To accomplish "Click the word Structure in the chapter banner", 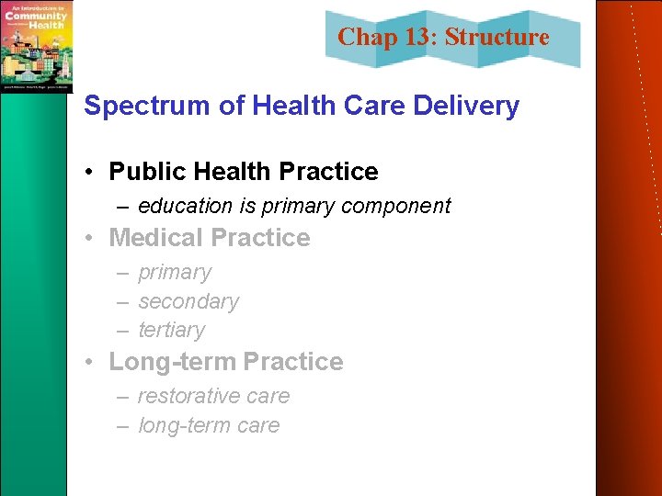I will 496,38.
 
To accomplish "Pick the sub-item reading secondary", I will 188,301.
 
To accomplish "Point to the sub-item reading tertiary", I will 172,330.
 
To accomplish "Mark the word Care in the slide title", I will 371,107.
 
